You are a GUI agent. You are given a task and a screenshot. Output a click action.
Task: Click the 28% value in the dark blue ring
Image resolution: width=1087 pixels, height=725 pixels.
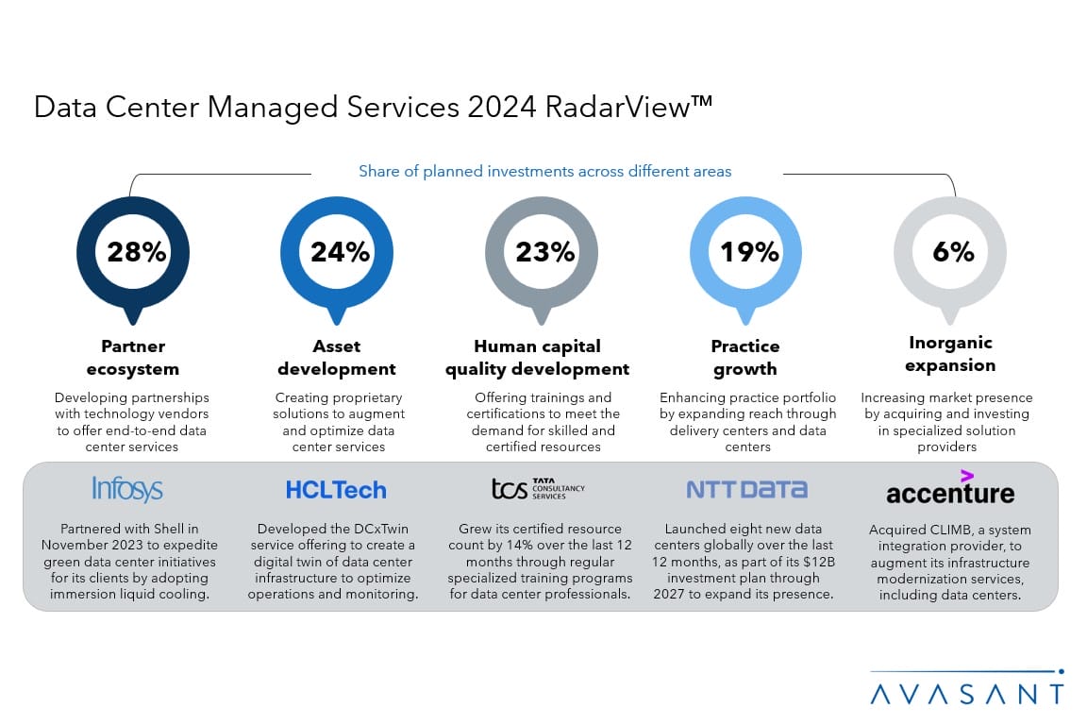click(x=137, y=252)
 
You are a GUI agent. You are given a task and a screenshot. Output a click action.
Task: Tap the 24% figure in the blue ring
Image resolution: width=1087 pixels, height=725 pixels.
click(x=340, y=252)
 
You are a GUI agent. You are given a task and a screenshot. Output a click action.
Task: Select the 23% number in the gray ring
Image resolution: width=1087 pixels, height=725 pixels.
click(x=544, y=252)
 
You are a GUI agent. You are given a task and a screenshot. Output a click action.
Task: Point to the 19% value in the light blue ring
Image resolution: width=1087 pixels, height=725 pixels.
click(x=749, y=252)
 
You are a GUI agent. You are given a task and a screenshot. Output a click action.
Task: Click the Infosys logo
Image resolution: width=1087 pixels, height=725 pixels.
click(x=127, y=489)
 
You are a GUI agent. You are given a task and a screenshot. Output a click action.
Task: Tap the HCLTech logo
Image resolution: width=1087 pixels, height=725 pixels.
click(x=336, y=490)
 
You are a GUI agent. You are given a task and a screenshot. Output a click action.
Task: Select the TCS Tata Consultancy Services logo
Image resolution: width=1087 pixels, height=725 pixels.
click(x=539, y=488)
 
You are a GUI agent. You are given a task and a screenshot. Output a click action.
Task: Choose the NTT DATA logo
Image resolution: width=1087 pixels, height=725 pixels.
click(x=746, y=489)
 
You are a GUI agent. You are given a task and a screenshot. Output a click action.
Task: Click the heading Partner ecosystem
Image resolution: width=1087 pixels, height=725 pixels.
click(x=133, y=358)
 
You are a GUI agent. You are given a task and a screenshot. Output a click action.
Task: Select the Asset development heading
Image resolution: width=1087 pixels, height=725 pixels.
click(x=337, y=358)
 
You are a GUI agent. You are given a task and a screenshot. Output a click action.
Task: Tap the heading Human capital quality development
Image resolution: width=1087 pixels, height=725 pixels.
click(x=538, y=358)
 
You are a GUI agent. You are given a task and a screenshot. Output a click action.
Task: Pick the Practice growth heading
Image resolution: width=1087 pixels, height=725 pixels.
click(x=745, y=358)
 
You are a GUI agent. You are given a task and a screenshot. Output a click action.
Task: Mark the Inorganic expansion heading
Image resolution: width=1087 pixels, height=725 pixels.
click(x=950, y=354)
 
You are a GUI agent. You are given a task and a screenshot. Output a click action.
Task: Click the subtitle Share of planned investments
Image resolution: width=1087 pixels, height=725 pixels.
click(x=544, y=172)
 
